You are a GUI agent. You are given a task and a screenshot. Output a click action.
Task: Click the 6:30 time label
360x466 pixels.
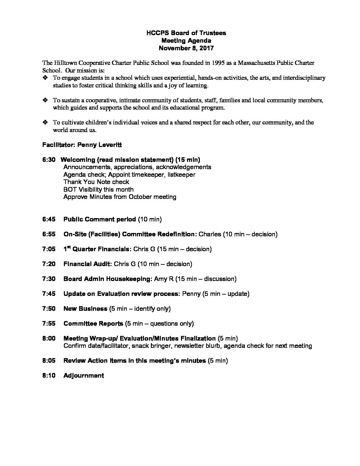[x=49, y=160]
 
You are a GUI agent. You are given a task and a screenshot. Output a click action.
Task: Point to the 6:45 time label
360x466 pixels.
[x=49, y=219]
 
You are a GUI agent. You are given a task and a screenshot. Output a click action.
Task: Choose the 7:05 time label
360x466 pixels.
[x=49, y=249]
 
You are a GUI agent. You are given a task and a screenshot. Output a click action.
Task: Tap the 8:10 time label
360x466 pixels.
[x=49, y=375]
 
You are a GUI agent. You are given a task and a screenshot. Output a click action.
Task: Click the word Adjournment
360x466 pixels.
[x=83, y=375]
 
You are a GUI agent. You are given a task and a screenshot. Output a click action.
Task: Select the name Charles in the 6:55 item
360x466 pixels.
[x=210, y=234]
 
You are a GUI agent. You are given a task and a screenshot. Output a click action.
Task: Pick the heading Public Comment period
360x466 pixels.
[x=100, y=219]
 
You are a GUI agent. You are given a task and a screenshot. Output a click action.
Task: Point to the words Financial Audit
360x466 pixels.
[x=88, y=264]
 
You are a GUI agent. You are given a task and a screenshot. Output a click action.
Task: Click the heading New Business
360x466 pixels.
[x=85, y=308]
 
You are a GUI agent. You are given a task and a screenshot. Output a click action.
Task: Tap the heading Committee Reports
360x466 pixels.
[x=93, y=323]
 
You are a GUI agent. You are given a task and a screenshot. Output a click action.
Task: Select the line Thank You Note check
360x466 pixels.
[x=96, y=182]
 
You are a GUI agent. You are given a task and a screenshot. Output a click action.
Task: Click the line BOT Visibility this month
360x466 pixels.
[x=98, y=189]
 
